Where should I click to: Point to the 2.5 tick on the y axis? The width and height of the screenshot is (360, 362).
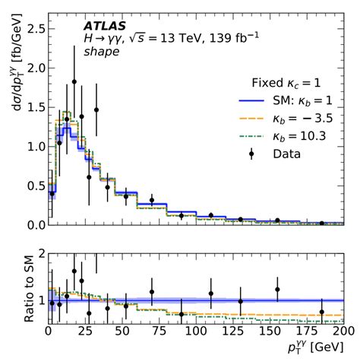pyautogui.click(x=33, y=28)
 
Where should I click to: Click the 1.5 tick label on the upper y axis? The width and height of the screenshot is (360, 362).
pyautogui.click(x=33, y=106)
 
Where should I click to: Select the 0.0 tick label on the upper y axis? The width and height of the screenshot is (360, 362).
pyautogui.click(x=33, y=225)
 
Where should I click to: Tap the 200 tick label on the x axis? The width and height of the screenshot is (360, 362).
pyautogui.click(x=343, y=332)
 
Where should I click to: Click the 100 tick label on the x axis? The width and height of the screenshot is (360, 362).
pyautogui.click(x=195, y=332)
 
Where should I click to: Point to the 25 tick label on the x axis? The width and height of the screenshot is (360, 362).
pyautogui.click(x=85, y=332)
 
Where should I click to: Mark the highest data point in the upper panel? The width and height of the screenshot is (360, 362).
pyautogui.click(x=74, y=81)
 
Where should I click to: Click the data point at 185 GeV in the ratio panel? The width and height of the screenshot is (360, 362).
pyautogui.click(x=321, y=311)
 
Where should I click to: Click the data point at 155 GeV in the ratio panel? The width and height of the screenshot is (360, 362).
pyautogui.click(x=277, y=289)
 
